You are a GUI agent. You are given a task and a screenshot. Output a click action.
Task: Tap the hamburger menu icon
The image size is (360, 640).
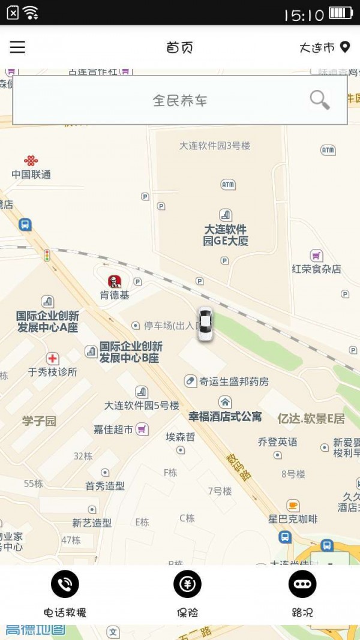17,47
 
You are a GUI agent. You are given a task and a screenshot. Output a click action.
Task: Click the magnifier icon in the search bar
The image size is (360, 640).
319,100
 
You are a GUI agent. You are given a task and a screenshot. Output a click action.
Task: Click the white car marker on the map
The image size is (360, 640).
205,324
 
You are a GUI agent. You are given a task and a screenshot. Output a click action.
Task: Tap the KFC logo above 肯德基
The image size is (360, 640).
114,281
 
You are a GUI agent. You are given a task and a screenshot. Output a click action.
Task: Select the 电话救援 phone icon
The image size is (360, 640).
65,584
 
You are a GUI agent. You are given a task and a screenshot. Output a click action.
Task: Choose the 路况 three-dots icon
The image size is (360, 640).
302,584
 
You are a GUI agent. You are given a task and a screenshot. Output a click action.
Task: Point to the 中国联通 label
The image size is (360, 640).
31,175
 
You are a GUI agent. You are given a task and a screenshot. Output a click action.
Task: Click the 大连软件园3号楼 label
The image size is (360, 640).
214,145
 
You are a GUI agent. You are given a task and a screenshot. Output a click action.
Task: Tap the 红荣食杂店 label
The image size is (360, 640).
316,269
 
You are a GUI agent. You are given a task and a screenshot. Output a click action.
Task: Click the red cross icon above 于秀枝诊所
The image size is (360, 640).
53,359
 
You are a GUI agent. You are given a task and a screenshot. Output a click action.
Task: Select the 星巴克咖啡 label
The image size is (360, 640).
293,519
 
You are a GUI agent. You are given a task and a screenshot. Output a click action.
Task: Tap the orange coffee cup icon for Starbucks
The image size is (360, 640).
293,505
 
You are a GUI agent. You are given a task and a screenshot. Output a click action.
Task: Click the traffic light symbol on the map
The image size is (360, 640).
46,256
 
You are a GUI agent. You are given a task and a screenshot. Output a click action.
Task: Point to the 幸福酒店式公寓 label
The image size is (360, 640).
225,416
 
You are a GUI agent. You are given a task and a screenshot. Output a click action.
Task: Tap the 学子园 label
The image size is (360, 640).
39,420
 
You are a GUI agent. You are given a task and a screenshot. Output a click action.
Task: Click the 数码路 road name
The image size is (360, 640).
239,467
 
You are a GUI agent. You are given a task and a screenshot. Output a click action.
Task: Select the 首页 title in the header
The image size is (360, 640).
179,48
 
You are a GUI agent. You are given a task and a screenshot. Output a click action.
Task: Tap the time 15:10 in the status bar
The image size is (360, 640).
304,14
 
